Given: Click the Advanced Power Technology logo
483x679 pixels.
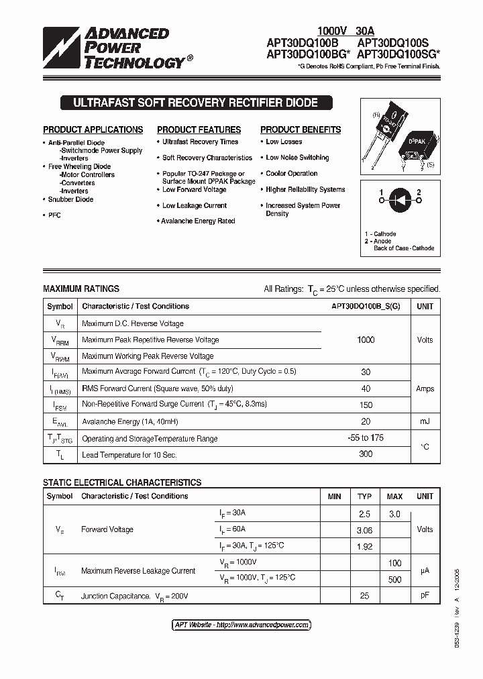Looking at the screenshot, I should (114, 48).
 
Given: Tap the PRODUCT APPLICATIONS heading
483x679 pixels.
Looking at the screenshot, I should (93, 129).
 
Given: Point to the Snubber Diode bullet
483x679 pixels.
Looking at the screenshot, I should (70, 199).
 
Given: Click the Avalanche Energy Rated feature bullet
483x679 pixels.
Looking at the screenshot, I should (198, 221).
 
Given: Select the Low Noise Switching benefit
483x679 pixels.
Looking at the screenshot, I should (297, 158).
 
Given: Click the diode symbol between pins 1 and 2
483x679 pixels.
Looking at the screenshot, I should (400, 200).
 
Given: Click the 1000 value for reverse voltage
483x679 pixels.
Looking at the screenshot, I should (366, 339).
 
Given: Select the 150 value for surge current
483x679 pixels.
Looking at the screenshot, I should (366, 405).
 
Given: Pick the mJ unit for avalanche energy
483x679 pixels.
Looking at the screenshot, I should (425, 421).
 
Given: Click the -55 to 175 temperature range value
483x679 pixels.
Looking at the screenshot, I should (366, 437).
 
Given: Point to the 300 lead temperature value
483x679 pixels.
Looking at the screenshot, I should (366, 454).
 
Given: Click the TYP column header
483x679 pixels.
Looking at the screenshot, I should (364, 497).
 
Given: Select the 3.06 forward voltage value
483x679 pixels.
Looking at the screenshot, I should (364, 530).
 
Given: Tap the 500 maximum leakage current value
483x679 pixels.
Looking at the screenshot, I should (394, 580).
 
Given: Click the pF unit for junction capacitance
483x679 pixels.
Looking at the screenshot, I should (425, 596).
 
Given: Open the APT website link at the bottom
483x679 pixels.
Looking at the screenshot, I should (241, 625).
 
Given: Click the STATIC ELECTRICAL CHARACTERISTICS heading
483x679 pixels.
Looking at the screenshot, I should (122, 482).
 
